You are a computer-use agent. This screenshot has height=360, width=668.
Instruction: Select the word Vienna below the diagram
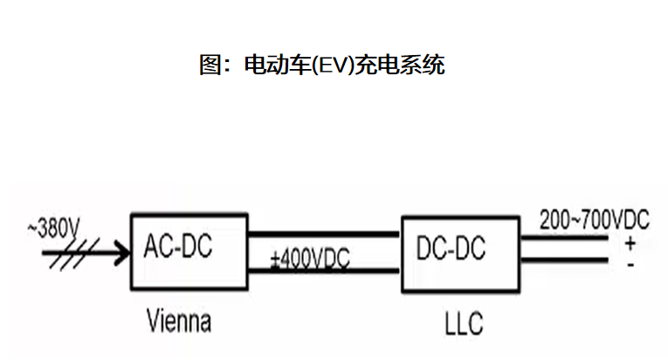point(178,322)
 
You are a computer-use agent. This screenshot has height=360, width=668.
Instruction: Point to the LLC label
point(464,325)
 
